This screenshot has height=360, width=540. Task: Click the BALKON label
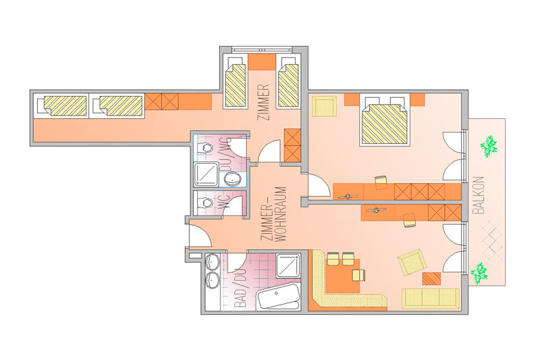[479, 195]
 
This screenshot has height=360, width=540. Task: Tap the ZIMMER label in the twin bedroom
[264, 102]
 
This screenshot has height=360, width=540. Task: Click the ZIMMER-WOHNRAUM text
[273, 214]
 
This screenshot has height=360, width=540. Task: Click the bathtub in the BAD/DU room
[278, 297]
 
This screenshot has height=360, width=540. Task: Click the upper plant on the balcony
[489, 147]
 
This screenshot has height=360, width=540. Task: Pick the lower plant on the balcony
[479, 273]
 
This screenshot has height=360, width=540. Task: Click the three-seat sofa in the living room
[431, 299]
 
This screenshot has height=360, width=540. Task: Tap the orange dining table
[343, 276]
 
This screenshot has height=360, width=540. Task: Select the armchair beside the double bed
[325, 107]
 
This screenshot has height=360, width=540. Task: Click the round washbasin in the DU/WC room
[233, 179]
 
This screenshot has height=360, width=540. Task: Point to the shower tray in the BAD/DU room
[288, 265]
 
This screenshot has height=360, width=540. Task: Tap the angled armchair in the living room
[412, 262]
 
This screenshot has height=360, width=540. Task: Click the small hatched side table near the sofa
[431, 279]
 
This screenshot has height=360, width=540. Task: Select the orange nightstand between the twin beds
[262, 62]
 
